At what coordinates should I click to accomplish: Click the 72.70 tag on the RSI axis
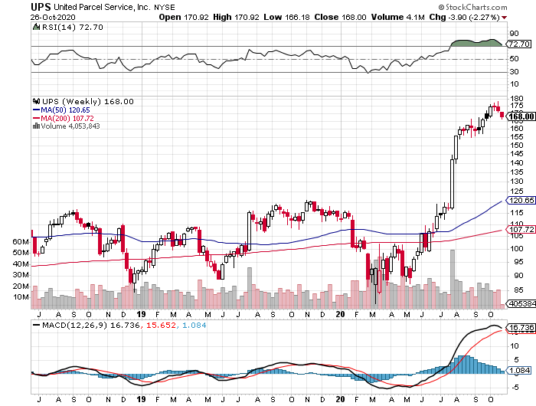pyautogui.click(x=520, y=46)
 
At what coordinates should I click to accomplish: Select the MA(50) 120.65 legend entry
pyautogui.click(x=64, y=110)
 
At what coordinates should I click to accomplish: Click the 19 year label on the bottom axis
pyautogui.click(x=141, y=314)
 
